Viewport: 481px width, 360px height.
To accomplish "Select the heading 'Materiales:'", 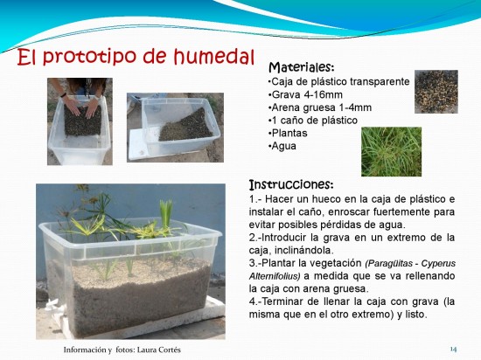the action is (x=301, y=67).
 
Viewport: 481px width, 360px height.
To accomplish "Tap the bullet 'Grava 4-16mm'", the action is (x=307, y=94).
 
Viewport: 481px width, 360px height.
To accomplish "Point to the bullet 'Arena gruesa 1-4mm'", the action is (x=322, y=107).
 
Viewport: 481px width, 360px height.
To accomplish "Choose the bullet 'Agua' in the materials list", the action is (x=283, y=146).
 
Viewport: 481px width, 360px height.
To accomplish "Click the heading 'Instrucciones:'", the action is (x=291, y=184).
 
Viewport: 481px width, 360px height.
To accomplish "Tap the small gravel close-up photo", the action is (x=436, y=92).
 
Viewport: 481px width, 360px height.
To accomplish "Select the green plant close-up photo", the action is (x=392, y=152).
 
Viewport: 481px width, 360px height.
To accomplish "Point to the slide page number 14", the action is (x=453, y=349).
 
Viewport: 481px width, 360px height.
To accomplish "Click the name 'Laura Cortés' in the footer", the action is (x=159, y=350).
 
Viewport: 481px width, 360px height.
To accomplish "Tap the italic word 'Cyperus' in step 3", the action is (x=438, y=264).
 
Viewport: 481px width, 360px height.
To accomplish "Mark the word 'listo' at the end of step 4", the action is (x=416, y=315).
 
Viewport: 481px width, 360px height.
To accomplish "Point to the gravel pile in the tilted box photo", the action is (x=187, y=126).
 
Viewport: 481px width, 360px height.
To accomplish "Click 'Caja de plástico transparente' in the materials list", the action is (x=340, y=82).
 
